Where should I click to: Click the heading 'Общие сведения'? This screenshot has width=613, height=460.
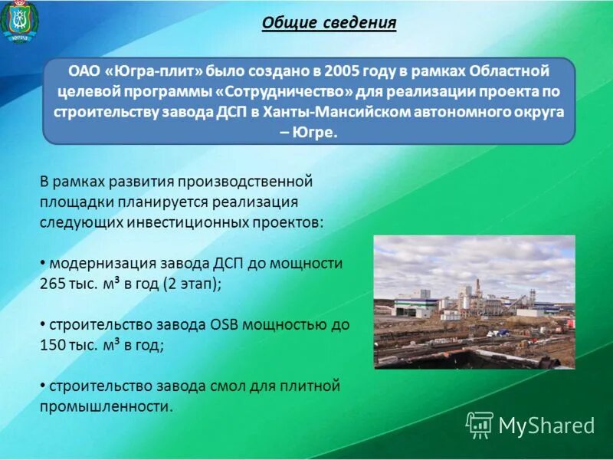[x=329, y=23]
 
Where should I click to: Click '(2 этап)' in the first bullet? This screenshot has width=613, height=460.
[x=190, y=283]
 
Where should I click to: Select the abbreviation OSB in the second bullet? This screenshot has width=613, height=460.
[x=225, y=324]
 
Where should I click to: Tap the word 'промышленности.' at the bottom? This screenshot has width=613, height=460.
[x=107, y=406]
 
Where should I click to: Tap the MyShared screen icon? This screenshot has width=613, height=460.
[x=480, y=425]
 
